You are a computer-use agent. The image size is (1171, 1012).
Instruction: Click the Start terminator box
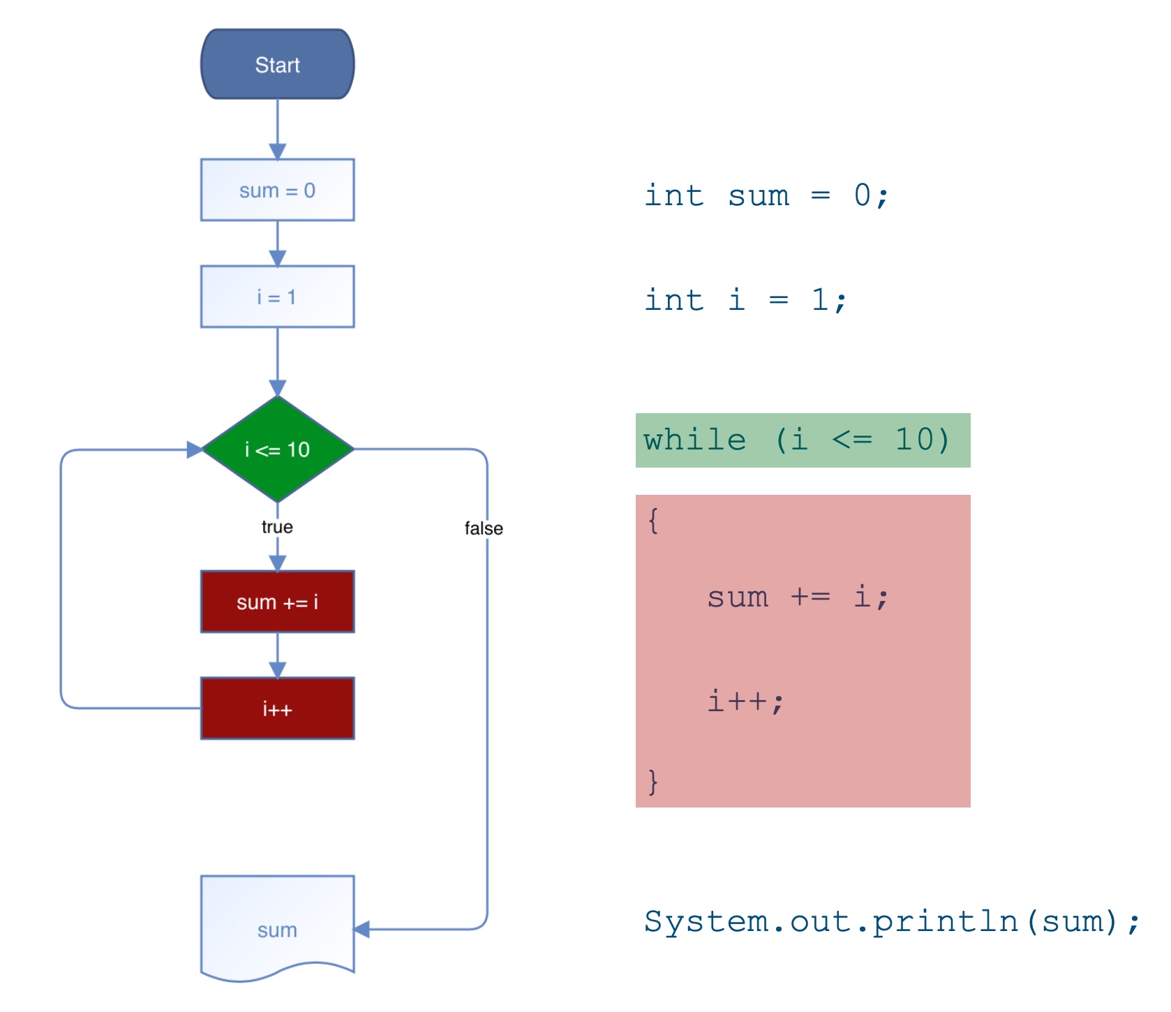[277, 64]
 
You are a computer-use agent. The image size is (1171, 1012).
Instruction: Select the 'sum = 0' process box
[277, 190]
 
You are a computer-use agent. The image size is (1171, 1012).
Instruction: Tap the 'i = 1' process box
[277, 297]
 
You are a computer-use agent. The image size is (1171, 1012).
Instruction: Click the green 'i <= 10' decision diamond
[277, 449]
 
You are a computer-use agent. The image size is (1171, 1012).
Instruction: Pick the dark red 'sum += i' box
[277, 602]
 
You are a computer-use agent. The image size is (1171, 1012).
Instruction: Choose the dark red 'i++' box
[277, 708]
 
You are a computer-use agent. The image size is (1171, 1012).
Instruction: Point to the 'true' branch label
[277, 527]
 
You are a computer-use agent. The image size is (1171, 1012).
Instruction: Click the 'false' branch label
[484, 528]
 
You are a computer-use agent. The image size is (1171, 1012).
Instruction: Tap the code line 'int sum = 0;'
[766, 195]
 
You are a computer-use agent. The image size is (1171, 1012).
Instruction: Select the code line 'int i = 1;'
[745, 300]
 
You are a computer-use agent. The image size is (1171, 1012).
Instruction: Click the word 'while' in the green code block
[694, 440]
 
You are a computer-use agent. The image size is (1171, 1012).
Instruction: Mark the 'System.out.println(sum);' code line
[891, 921]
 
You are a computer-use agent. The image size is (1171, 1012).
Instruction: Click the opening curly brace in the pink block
[653, 521]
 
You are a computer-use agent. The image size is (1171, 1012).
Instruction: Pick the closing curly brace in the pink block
[653, 782]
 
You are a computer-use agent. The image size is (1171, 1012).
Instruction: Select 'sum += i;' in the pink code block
[797, 597]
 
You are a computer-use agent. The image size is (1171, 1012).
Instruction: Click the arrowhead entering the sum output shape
[361, 929]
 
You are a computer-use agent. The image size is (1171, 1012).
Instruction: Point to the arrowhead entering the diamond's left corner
[194, 449]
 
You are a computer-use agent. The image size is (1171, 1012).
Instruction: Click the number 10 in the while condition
[913, 440]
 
